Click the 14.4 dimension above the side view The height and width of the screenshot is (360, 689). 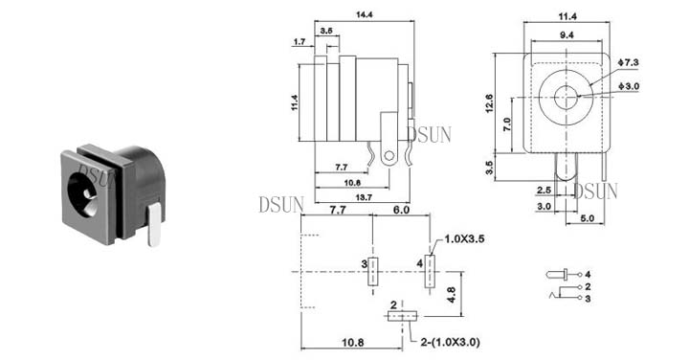(x=365, y=14)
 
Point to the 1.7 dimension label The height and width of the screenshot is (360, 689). (x=300, y=42)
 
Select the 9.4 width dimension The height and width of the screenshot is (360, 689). (x=567, y=35)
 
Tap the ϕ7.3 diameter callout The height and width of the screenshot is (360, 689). (x=628, y=62)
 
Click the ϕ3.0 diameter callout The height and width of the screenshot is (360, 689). (x=629, y=86)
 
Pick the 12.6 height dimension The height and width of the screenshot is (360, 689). (x=490, y=103)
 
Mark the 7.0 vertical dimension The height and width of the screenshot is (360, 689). (x=507, y=124)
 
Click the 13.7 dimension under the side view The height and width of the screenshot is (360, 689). (x=364, y=198)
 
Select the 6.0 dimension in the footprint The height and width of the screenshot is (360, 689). (x=401, y=210)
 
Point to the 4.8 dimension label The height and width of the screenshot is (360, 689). (x=451, y=295)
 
